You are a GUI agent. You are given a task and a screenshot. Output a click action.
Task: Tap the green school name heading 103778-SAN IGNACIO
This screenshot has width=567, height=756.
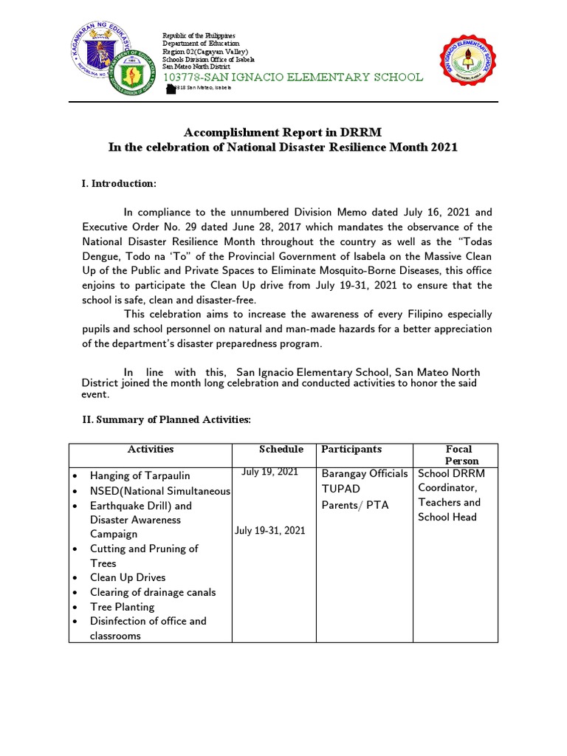(x=293, y=78)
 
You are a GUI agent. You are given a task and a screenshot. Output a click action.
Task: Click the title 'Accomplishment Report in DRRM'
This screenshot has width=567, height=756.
(x=283, y=133)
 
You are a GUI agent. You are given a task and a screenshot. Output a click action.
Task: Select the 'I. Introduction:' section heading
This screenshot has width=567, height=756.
(x=119, y=183)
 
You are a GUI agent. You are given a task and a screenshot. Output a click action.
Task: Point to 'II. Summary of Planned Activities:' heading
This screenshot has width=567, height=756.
(x=166, y=419)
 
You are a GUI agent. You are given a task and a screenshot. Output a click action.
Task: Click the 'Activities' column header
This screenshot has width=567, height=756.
(x=151, y=449)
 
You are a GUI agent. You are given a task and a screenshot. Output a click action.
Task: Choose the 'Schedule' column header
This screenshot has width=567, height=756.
(x=281, y=449)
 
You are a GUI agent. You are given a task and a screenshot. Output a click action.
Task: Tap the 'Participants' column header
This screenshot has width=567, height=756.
(x=351, y=449)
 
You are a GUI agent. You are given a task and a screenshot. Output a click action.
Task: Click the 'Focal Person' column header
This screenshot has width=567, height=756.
(x=458, y=455)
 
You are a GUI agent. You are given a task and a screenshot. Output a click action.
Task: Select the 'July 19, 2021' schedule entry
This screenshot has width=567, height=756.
(x=270, y=472)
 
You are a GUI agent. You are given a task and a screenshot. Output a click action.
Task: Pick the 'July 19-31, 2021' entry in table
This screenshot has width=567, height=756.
(x=269, y=530)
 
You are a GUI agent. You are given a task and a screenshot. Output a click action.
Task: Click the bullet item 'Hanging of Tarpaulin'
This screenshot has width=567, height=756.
(x=140, y=475)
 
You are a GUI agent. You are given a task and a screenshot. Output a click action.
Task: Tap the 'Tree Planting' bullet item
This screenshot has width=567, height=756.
(x=122, y=607)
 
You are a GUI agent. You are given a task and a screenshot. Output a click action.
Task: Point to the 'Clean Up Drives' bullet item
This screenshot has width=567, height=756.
(x=128, y=577)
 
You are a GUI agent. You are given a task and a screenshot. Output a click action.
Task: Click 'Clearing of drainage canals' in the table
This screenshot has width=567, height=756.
(x=153, y=592)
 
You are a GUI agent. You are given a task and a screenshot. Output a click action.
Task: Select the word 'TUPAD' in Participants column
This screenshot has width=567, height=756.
(x=340, y=489)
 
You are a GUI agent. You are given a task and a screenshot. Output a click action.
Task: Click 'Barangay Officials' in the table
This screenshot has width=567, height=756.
(x=364, y=473)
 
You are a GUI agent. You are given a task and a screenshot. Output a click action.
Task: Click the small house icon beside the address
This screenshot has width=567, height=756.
(x=171, y=89)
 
